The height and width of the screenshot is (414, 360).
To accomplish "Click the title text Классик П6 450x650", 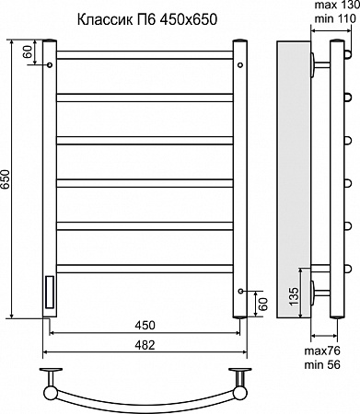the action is point(147,19).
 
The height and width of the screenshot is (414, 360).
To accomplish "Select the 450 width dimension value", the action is point(145,326).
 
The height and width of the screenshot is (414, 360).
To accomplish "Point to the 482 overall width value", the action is point(145,345).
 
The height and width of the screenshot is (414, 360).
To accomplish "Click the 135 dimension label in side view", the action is point(294,296).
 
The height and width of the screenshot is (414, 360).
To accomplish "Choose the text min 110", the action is point(335,18).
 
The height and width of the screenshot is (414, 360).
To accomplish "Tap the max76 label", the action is point(322,351).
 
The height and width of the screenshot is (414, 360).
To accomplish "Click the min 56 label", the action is point(322,364).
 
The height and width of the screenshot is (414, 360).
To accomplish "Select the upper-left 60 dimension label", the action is point(28,52).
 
